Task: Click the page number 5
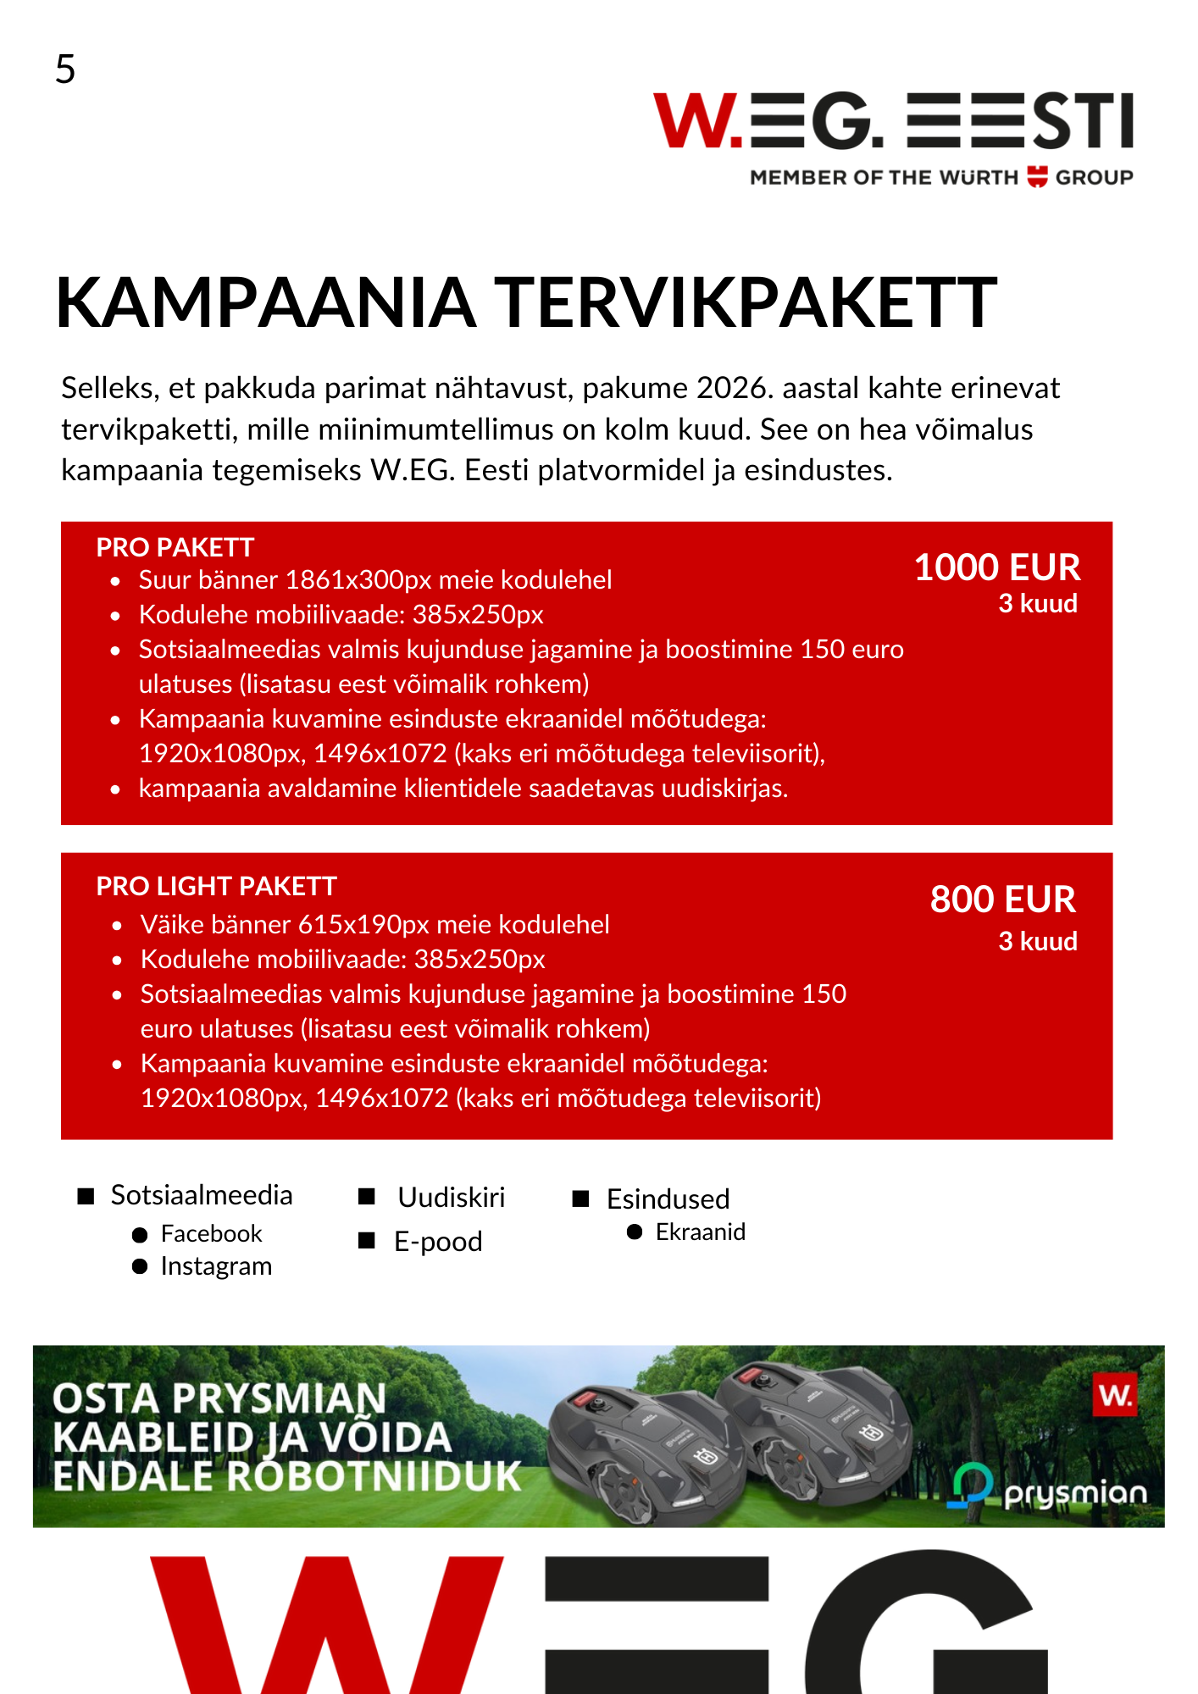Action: coord(65,69)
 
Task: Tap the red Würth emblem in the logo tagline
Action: coord(1037,177)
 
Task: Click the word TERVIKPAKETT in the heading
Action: coord(746,302)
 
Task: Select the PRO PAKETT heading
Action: coord(175,548)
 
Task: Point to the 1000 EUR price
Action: coord(997,567)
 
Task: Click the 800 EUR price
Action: coord(1003,900)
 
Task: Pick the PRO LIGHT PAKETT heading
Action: coord(217,887)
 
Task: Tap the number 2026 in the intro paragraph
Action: coord(734,388)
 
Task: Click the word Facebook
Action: coord(212,1234)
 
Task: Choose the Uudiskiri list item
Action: coord(451,1198)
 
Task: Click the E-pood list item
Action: coord(438,1242)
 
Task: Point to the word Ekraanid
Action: coord(701,1232)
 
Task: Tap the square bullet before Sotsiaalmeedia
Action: coord(86,1196)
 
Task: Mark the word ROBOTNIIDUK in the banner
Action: coord(373,1476)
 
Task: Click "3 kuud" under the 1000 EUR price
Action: coord(1038,604)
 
